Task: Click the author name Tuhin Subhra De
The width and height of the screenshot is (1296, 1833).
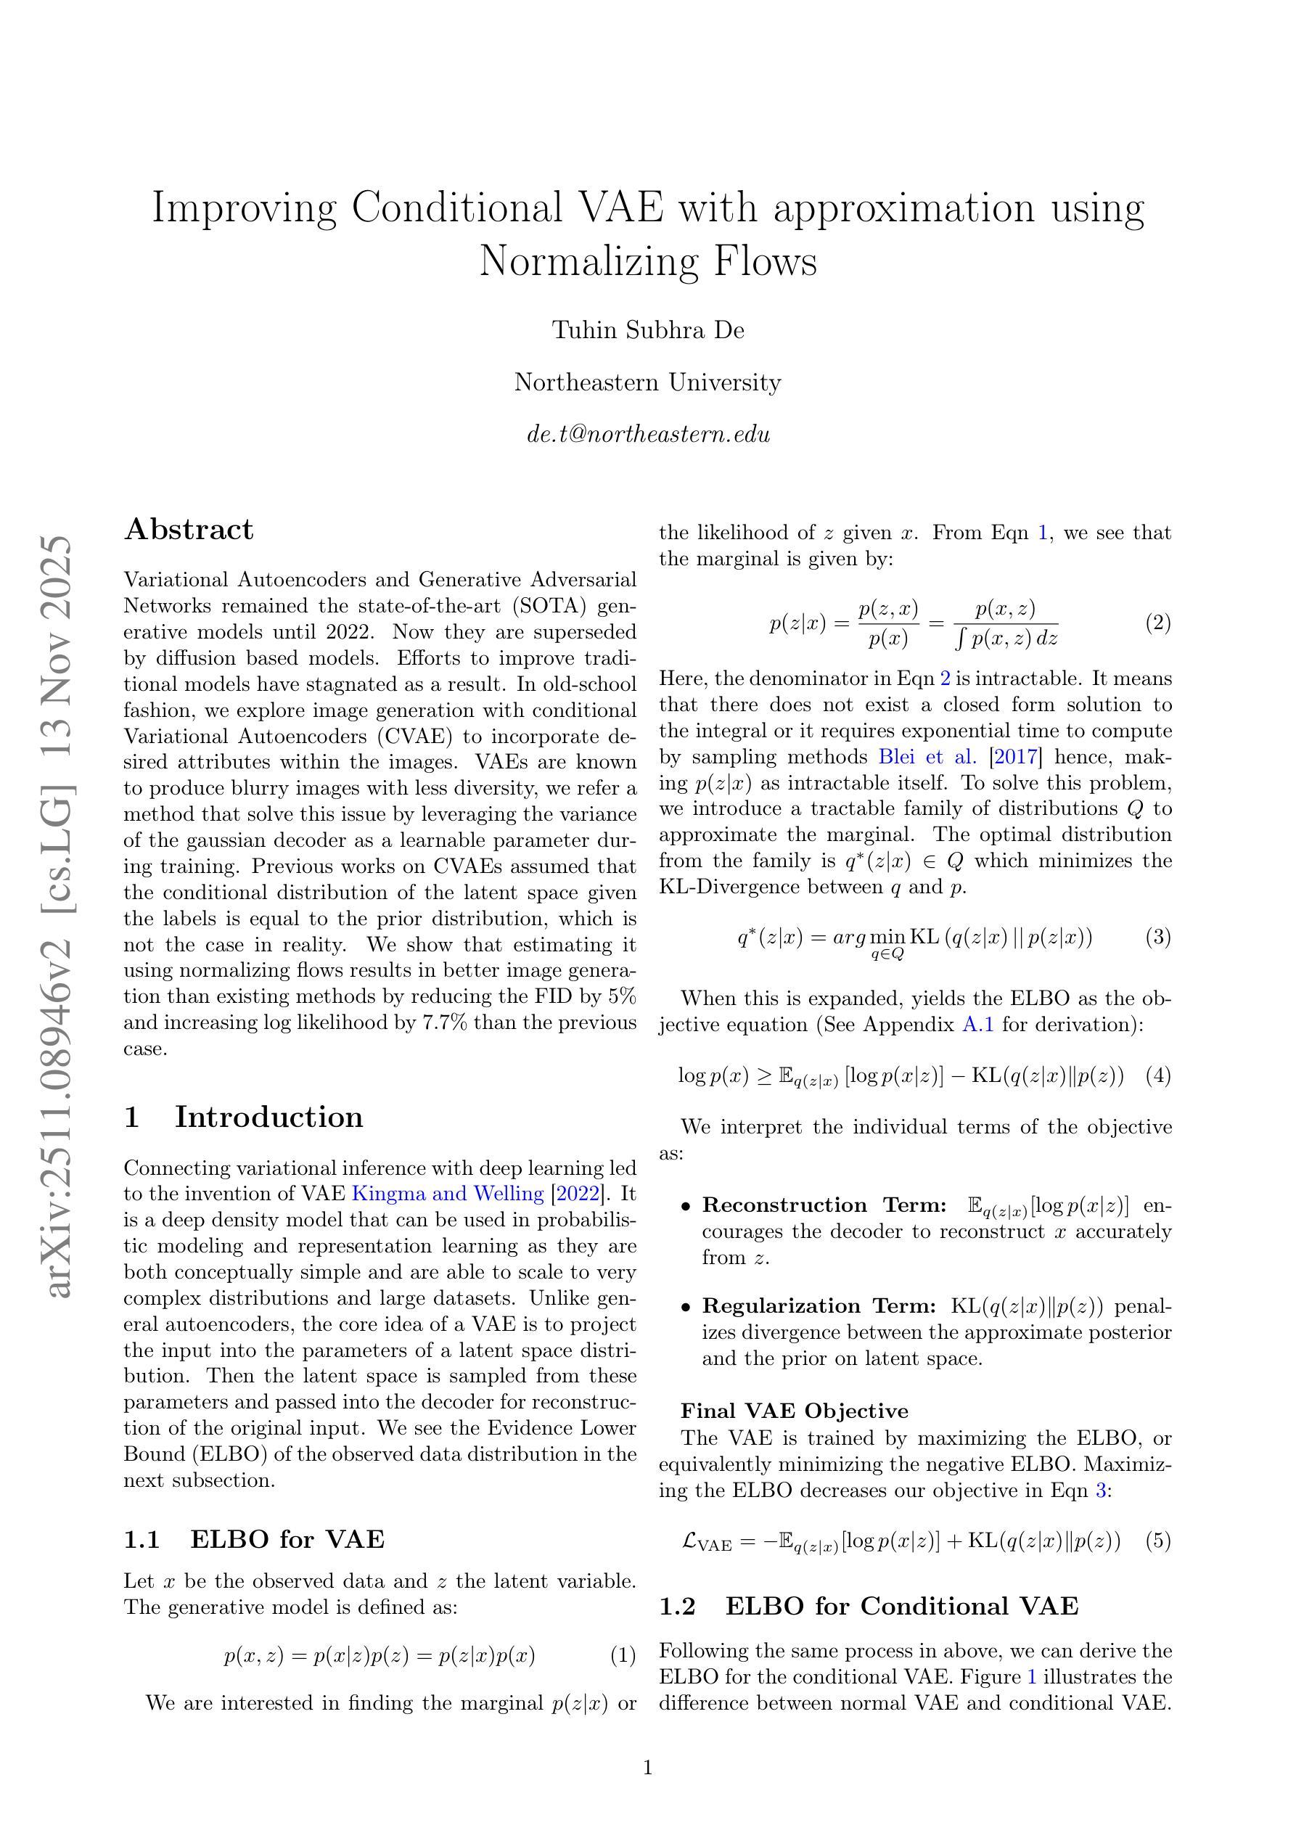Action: coord(647,329)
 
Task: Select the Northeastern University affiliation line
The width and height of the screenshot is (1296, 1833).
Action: coord(647,382)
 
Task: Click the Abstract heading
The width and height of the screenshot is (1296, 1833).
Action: coord(189,529)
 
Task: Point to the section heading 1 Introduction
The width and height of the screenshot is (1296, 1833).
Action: coord(244,1116)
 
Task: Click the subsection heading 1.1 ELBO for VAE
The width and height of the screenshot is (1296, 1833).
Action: coord(254,1538)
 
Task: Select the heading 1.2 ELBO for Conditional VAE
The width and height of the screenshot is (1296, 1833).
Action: coord(868,1605)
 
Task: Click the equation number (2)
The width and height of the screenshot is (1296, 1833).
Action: coord(1158,623)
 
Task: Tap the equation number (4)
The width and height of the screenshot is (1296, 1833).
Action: coord(1158,1075)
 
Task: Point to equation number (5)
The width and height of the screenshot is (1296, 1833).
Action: coord(1158,1540)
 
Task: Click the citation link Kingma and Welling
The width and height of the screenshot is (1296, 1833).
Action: coord(447,1194)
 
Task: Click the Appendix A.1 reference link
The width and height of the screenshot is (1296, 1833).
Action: coord(978,1025)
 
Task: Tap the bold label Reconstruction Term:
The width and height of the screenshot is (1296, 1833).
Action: coord(824,1205)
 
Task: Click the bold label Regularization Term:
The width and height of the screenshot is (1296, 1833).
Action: coord(819,1306)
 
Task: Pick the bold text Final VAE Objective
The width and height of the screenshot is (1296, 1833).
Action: coord(795,1411)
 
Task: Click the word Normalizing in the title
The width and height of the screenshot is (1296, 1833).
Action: coord(586,261)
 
